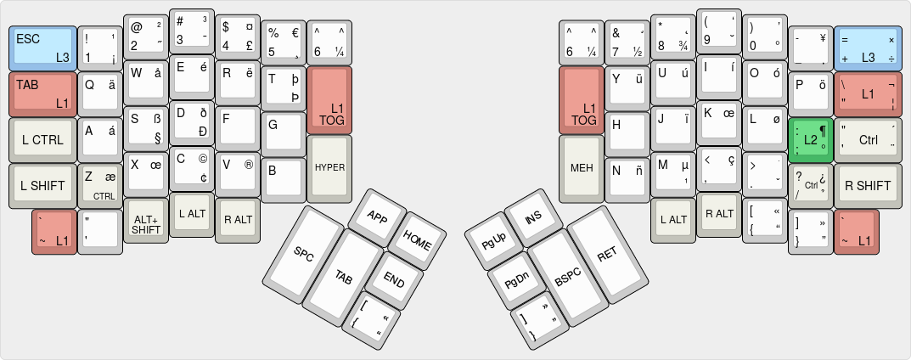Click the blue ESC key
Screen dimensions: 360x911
pyautogui.click(x=42, y=48)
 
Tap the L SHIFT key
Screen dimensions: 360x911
pyautogui.click(x=42, y=185)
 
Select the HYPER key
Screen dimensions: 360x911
pyautogui.click(x=329, y=166)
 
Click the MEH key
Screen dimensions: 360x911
pyautogui.click(x=582, y=166)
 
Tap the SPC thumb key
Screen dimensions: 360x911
pyautogui.click(x=304, y=252)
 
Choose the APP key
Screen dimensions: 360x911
pyautogui.click(x=376, y=215)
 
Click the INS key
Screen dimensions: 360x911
pyautogui.click(x=533, y=218)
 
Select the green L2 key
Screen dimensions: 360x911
pyautogui.click(x=809, y=139)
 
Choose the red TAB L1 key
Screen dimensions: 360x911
pyautogui.click(x=42, y=93)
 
